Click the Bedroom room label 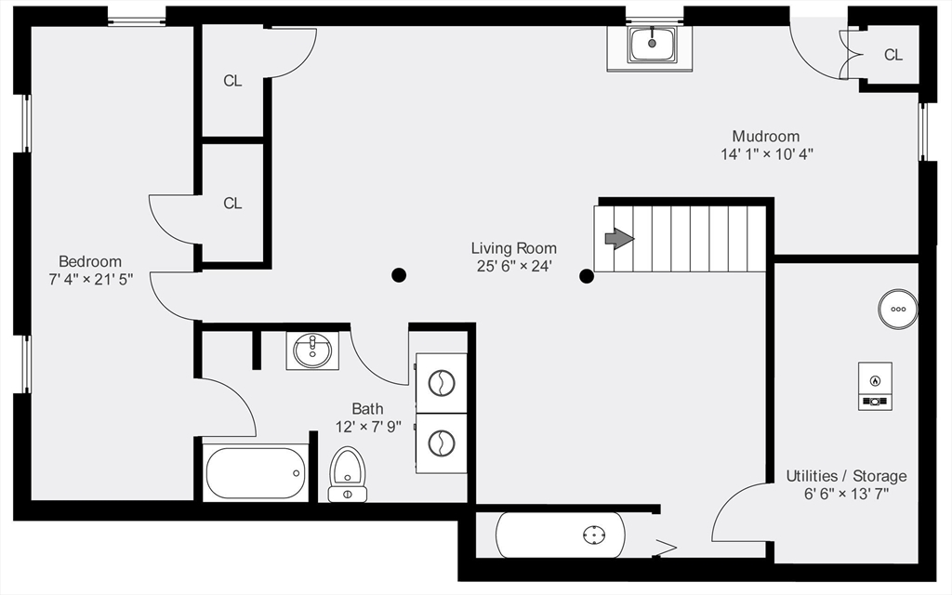tap(90, 261)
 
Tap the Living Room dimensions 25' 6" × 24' tap(513, 266)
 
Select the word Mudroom tap(765, 136)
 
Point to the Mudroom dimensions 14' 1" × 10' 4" tap(767, 154)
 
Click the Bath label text tap(367, 408)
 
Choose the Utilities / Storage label tap(846, 476)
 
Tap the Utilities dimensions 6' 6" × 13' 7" tap(846, 494)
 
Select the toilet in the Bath tap(348, 473)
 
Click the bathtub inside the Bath tap(256, 473)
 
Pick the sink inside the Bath tap(312, 350)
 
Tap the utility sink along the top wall tap(652, 44)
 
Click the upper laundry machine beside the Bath tap(442, 382)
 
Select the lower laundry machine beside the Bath tap(442, 443)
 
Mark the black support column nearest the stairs tap(587, 275)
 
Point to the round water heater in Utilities tap(898, 309)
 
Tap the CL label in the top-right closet tap(892, 55)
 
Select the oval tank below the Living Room tap(561, 535)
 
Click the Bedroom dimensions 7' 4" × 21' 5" tap(90, 279)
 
